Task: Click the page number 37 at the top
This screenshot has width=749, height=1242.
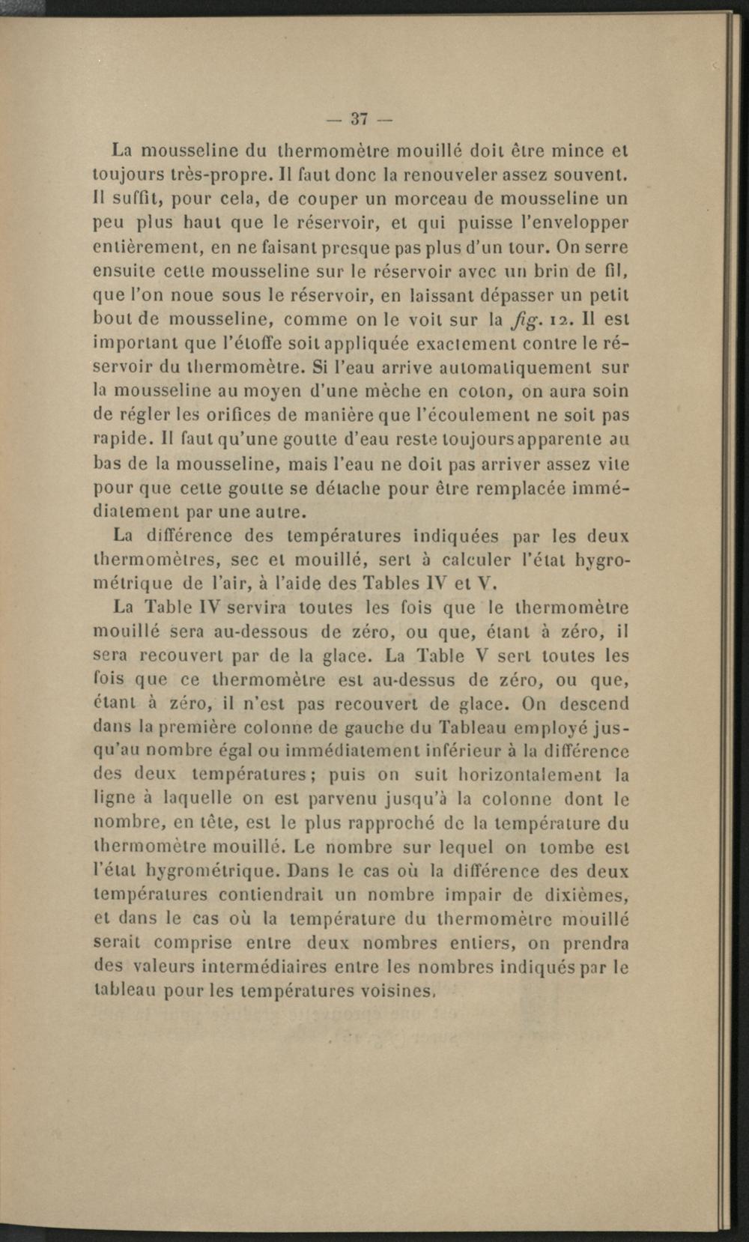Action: (x=360, y=118)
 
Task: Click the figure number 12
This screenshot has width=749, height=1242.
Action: (x=561, y=320)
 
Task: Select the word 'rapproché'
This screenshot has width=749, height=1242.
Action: (x=405, y=823)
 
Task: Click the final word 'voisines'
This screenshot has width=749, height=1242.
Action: (x=397, y=991)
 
